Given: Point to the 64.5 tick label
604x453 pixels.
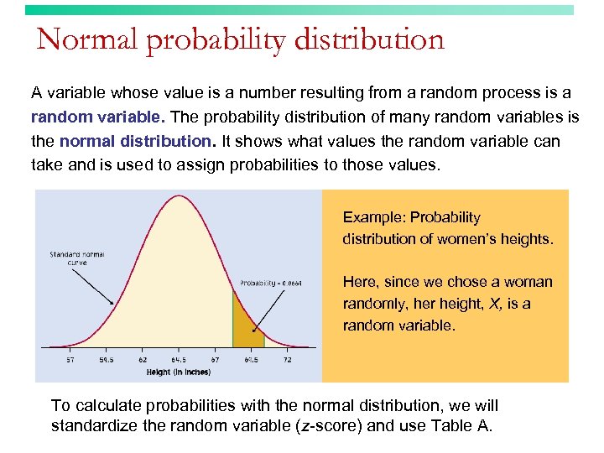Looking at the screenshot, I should [179, 360].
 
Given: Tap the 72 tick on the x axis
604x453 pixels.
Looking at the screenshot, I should [287, 360].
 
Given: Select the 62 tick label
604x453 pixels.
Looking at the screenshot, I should [143, 360].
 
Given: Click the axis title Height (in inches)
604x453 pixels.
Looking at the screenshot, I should [178, 372].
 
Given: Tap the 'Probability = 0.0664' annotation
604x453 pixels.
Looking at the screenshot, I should [271, 283].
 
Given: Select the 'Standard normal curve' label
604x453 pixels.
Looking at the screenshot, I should [76, 258].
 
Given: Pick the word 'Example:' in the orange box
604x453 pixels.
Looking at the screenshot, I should [372, 217].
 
